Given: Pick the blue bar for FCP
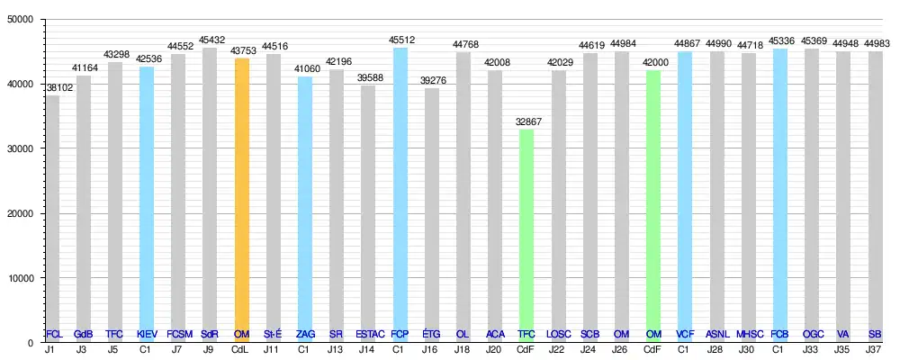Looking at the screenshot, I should click(x=400, y=189).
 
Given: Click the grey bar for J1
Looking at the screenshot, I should click(x=53, y=216).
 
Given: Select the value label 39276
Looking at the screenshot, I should click(x=431, y=80).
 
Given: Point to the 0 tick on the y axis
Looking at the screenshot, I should click(x=31, y=343).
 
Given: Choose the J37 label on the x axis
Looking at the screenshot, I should click(x=875, y=350).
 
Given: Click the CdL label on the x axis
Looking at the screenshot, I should click(x=241, y=350).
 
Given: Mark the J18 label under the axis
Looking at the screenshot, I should click(x=463, y=350).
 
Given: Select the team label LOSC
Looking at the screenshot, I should click(x=558, y=334).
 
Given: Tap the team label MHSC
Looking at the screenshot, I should click(x=748, y=334).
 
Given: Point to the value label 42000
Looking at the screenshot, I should click(x=653, y=62).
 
